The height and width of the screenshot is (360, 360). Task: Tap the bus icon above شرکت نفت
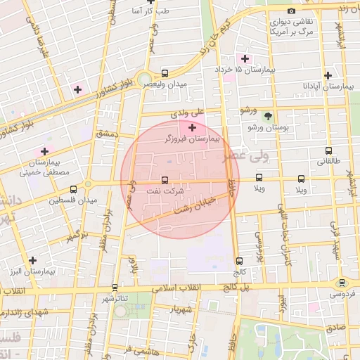[x=165, y=180]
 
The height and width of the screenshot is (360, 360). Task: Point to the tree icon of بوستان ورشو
[x=267, y=116]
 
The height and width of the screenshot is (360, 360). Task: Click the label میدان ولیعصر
[x=166, y=84]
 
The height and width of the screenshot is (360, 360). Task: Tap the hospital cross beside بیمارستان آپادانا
[x=328, y=75]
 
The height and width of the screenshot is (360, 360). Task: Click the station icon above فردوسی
[x=342, y=283]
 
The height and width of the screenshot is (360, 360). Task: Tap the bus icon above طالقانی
[x=328, y=150]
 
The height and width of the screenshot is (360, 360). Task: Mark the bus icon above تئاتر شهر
[x=115, y=288]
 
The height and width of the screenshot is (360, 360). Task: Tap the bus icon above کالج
[x=240, y=261]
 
